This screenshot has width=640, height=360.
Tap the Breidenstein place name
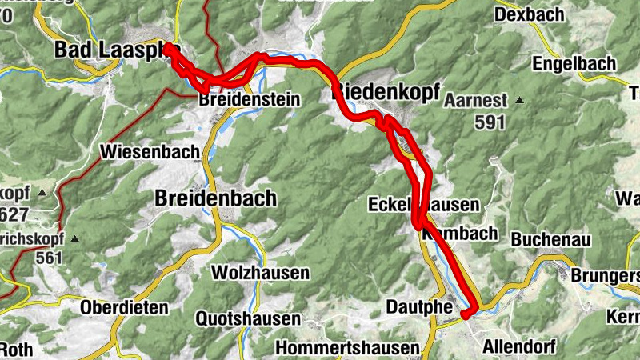(249, 100)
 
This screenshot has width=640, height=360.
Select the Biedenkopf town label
(386, 93)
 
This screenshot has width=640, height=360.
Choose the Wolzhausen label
(260, 273)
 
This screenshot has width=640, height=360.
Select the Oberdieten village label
(124, 307)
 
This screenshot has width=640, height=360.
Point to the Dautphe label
(419, 306)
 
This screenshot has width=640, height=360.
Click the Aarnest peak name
(476, 101)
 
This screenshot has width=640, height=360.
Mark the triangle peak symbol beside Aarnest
(520, 101)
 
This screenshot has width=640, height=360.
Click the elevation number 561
(49, 258)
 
